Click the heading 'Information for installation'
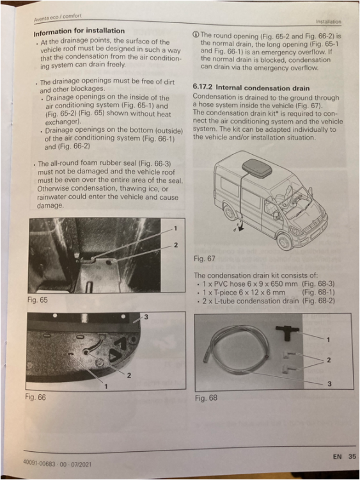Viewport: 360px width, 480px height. (79, 31)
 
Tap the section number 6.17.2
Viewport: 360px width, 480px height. (203, 87)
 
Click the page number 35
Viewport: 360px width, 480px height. (352, 456)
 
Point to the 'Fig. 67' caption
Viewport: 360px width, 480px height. (205, 259)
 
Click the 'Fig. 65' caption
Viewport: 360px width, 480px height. (38, 300)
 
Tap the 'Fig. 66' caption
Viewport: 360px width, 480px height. (35, 397)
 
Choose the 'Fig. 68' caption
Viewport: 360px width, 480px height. (206, 398)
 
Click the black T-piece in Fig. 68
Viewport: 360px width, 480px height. (286, 332)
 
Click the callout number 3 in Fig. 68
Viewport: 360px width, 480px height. (329, 383)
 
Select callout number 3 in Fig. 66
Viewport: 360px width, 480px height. (146, 317)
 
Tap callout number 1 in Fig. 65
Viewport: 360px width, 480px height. (175, 228)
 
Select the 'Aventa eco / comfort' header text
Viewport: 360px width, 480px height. (58, 17)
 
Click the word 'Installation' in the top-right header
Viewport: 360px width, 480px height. (329, 22)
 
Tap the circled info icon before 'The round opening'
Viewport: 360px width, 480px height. (196, 35)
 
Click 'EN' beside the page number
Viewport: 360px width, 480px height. (338, 457)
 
